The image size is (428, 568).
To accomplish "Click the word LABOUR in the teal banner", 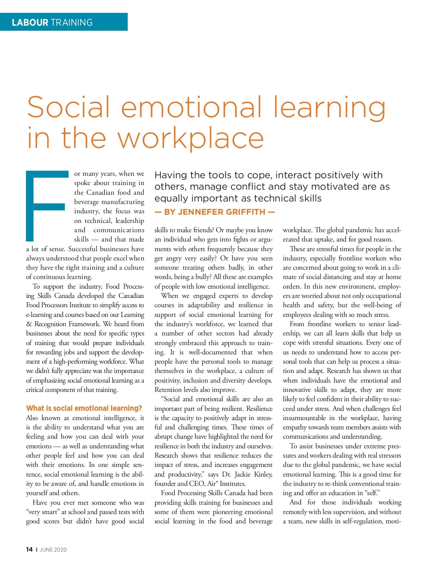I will [30, 23].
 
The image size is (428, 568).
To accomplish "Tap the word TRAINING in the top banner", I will [72, 23].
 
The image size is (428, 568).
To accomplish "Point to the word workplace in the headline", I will [190, 138].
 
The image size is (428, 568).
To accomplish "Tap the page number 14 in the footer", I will [29, 549].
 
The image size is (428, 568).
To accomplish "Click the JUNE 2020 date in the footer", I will [53, 550].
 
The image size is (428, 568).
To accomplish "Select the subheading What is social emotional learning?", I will [84, 408].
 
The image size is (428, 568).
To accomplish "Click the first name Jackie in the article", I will [243, 474].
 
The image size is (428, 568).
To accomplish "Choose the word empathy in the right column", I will [295, 427].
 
